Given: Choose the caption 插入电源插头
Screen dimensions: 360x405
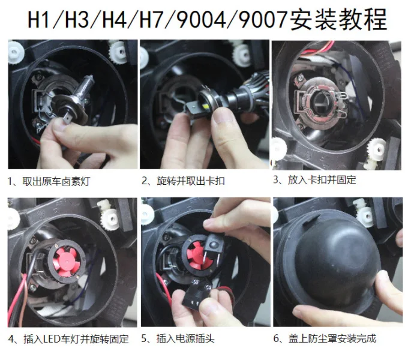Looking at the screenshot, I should (184, 339).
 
